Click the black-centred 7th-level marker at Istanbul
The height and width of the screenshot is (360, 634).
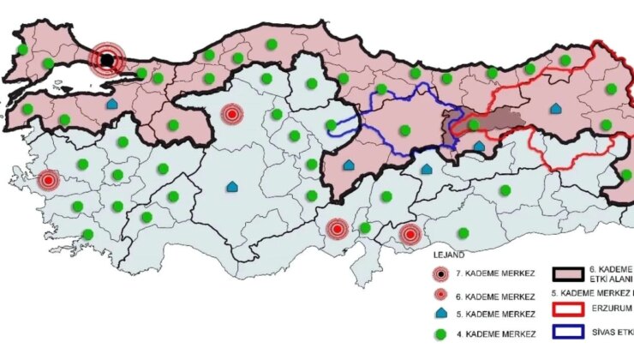pos(107,60)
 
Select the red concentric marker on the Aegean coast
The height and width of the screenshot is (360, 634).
pos(49,180)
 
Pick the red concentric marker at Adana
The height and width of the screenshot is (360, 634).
pos(338,229)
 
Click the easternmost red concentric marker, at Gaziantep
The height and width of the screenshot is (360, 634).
pos(411,233)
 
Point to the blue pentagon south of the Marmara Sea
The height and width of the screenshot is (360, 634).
pos(111,103)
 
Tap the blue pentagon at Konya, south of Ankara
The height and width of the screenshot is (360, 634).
pos(232,186)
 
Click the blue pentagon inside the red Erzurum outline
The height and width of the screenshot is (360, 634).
pos(558,109)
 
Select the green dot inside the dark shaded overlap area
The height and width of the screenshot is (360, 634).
pos(472,124)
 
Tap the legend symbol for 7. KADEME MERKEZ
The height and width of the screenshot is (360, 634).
pos(440,274)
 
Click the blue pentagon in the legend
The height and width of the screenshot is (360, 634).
pos(440,314)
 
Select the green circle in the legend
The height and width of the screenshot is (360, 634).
pos(440,333)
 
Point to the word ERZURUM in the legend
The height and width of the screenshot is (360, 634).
pos(613,309)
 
